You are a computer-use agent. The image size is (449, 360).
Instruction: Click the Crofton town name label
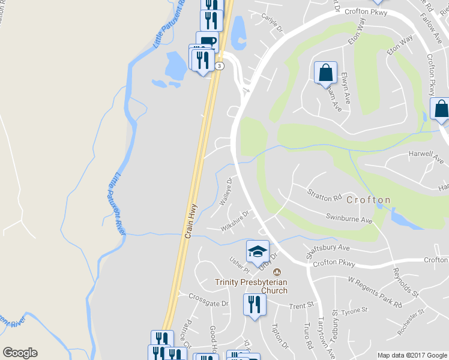tap(368, 200)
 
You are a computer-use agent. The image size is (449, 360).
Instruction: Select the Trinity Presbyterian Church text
tap(252, 286)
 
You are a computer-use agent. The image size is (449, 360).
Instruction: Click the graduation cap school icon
tap(258, 250)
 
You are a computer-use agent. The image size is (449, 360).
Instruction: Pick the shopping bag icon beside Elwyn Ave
tap(325, 72)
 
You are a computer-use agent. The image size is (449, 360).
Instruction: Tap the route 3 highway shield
tap(221, 65)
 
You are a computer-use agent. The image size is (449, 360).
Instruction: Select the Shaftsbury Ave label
tap(328, 247)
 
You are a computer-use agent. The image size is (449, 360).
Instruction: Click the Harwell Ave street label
tap(418, 154)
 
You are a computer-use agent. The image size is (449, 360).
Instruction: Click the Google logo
tap(20, 353)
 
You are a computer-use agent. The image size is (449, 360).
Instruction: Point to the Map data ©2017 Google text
tap(412, 355)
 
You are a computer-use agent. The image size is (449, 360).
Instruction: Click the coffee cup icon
tap(207, 41)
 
